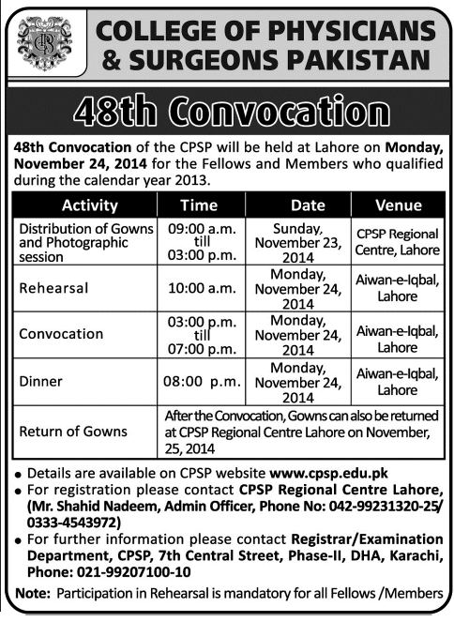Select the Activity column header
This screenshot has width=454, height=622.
(89, 205)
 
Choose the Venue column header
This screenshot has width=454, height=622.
(398, 205)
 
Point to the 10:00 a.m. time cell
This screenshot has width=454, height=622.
(199, 289)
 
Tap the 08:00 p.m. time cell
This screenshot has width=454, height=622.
(199, 381)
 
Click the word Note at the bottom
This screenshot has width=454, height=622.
(31, 594)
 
